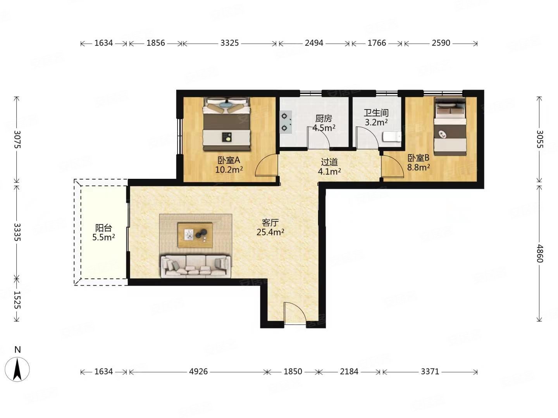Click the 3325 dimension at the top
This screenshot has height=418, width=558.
[229, 43]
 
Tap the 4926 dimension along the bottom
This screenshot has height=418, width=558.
[198, 372]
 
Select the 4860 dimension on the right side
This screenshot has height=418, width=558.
[539, 254]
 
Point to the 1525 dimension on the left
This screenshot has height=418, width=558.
[17, 300]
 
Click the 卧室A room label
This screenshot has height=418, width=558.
[229, 160]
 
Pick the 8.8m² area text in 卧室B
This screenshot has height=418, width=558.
[418, 168]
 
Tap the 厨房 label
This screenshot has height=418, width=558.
[324, 118]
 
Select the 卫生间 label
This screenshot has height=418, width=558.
[376, 113]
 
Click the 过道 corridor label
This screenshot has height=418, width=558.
[329, 162]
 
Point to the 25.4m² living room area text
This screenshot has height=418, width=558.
[270, 232]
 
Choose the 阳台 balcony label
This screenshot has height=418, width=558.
[103, 228]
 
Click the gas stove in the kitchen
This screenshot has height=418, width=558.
[286, 122]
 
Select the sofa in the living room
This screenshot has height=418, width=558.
[196, 266]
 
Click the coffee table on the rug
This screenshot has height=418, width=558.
[195, 235]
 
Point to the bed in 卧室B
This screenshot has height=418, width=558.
[450, 127]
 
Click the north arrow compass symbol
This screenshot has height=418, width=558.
[17, 369]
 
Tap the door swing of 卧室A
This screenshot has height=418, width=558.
[266, 165]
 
